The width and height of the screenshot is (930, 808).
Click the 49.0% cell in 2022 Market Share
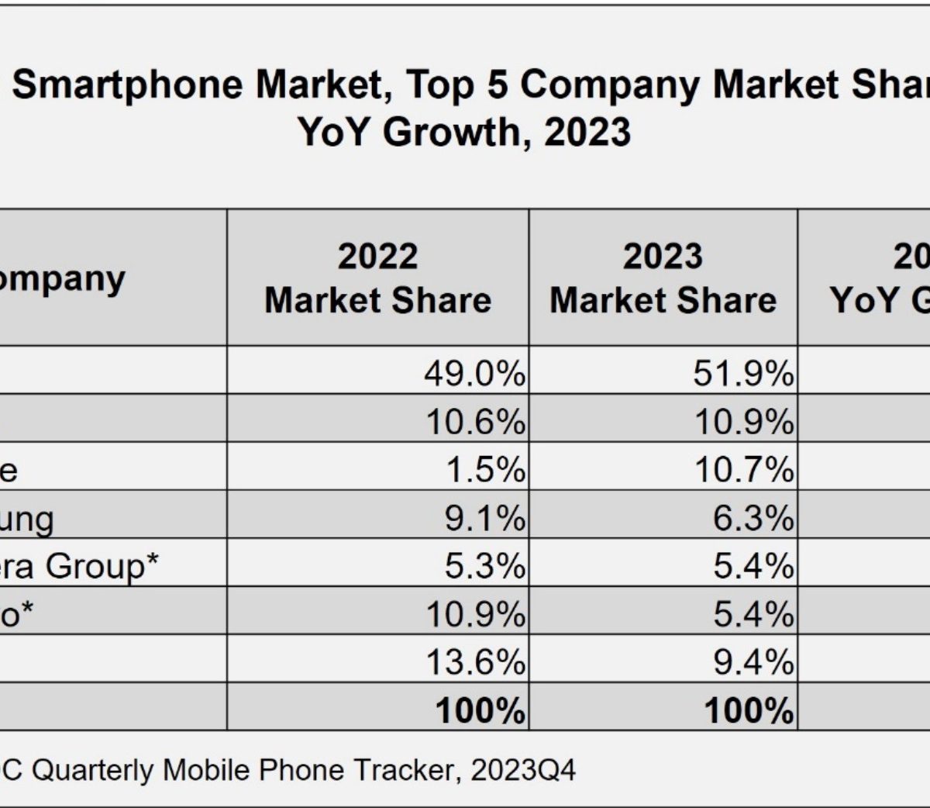click(x=474, y=375)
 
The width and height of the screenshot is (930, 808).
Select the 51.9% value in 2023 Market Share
click(x=743, y=375)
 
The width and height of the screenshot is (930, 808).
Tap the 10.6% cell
click(x=475, y=423)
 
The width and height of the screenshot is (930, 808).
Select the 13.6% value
click(x=475, y=663)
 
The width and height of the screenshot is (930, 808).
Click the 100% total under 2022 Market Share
click(x=480, y=711)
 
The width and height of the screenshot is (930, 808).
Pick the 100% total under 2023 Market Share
click(x=749, y=711)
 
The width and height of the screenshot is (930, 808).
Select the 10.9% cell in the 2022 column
click(x=475, y=615)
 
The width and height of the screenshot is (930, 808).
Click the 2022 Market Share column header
click(x=377, y=278)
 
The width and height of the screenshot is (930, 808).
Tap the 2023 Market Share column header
click(x=663, y=278)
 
